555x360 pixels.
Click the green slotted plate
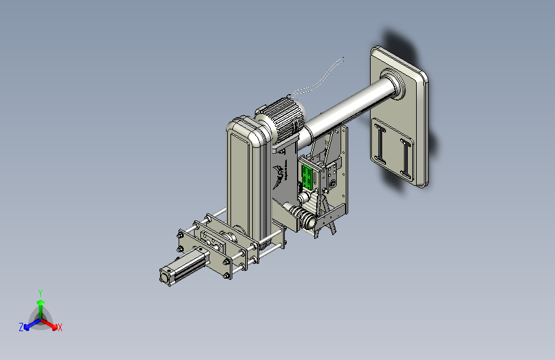307,176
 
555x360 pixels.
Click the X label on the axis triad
60,328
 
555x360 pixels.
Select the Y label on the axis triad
40,293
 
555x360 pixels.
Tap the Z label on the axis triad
21,327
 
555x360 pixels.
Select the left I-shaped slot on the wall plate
380,144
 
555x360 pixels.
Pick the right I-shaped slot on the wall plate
406,158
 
